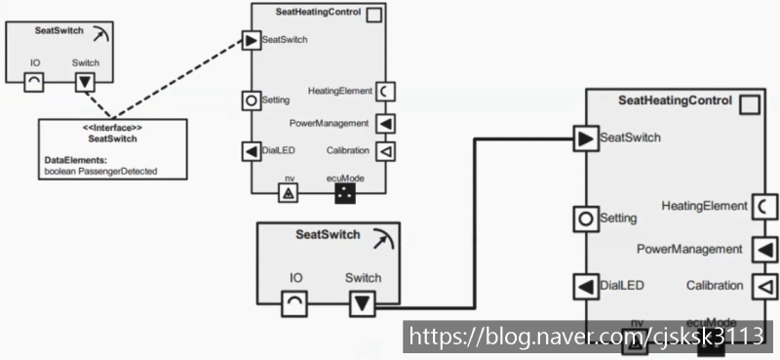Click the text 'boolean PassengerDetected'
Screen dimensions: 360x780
[101, 171]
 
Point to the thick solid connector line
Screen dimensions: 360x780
[474, 224]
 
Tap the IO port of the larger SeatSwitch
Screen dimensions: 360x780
[295, 304]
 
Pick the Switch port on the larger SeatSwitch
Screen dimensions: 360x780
[362, 304]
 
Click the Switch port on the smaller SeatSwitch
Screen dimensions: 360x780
[85, 80]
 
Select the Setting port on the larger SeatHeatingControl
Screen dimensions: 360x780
[585, 218]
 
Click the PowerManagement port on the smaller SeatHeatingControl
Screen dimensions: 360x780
[385, 124]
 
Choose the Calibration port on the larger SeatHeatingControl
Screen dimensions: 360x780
[763, 286]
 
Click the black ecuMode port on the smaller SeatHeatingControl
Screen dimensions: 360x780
[344, 193]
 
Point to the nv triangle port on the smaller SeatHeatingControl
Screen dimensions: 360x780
[289, 193]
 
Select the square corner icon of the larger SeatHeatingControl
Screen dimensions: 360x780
[749, 102]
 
